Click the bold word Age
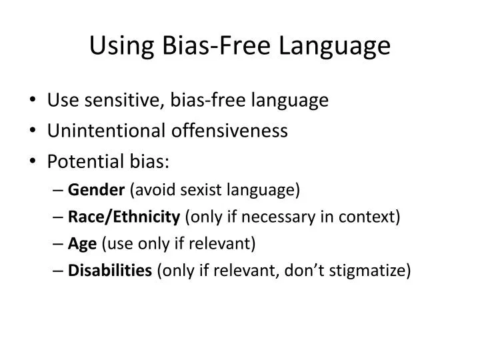83,244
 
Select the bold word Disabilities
110,271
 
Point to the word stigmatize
373,271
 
